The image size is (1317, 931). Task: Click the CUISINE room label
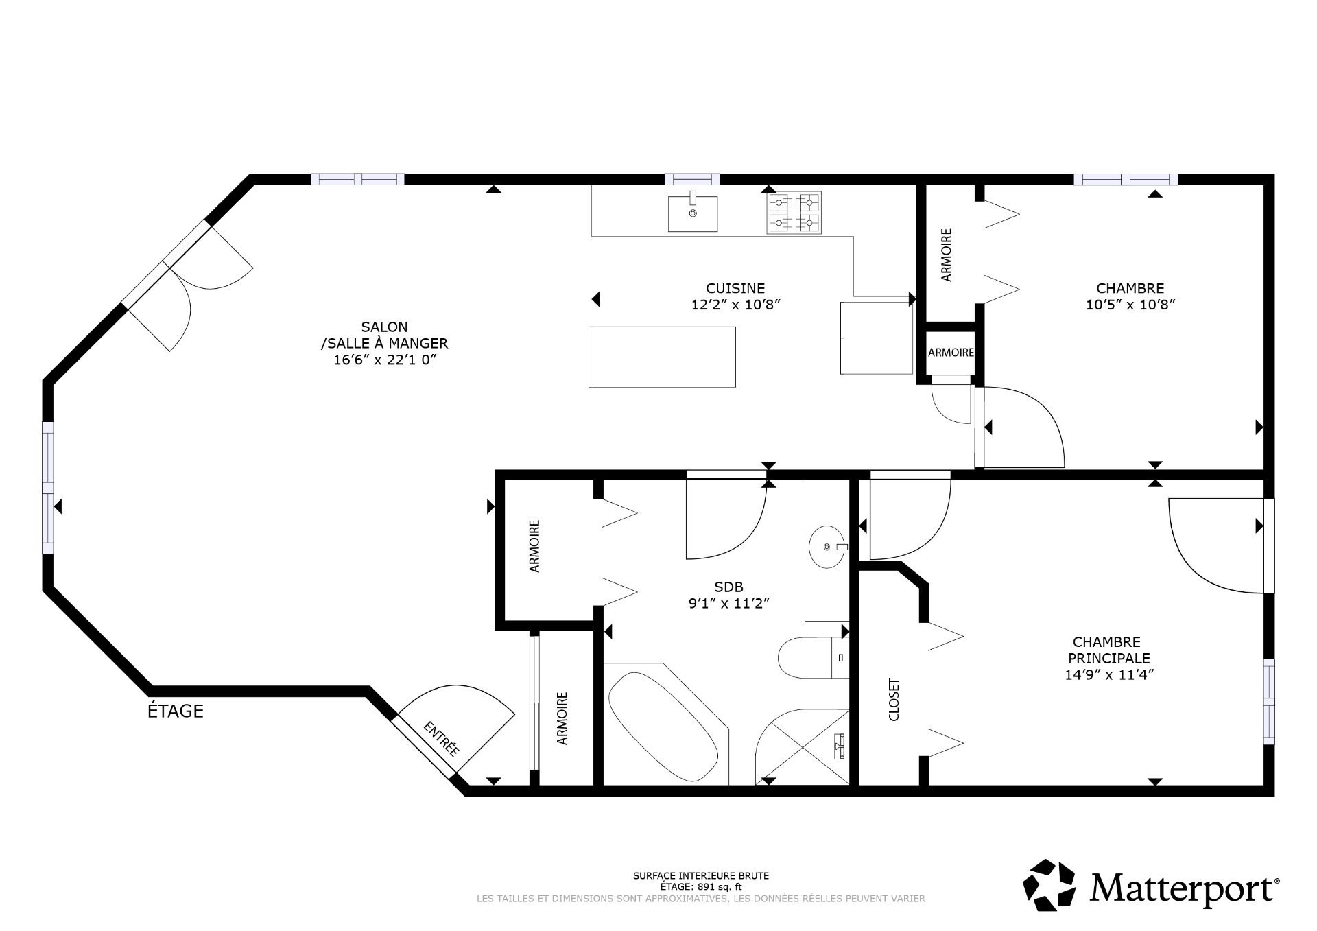tap(735, 289)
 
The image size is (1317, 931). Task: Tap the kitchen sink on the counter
tap(693, 213)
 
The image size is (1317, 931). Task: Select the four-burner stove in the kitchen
tap(794, 213)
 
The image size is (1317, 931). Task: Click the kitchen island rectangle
tap(662, 357)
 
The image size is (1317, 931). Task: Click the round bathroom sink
tap(827, 547)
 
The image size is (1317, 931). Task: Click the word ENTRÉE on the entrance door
tap(440, 739)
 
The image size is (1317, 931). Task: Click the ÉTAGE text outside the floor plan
tap(176, 711)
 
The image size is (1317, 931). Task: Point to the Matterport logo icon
tap(1049, 886)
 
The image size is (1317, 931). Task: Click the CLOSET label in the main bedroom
tap(894, 700)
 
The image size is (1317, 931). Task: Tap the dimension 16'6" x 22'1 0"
tap(385, 360)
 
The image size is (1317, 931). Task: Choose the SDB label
tap(728, 587)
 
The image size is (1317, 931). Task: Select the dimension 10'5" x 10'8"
tap(1130, 305)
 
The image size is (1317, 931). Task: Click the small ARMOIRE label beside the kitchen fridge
tap(951, 353)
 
